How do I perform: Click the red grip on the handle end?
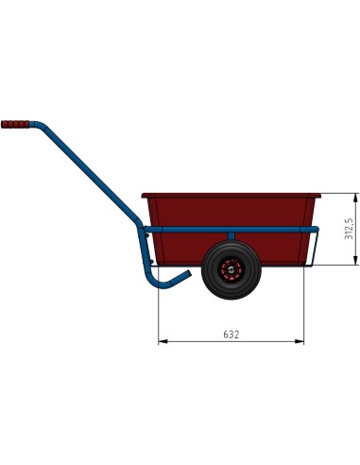click(x=15, y=124)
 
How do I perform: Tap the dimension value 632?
click(x=231, y=334)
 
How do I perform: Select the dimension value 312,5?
click(x=349, y=230)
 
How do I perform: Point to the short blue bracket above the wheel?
click(x=230, y=236)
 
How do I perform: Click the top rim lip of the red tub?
click(x=231, y=197)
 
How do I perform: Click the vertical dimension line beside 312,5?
click(x=355, y=230)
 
